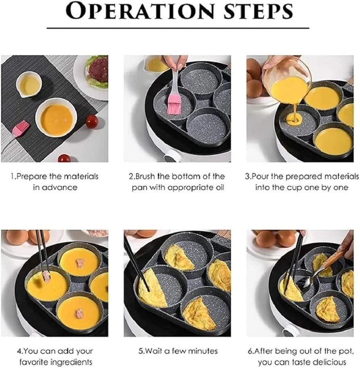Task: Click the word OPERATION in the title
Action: click(137, 12)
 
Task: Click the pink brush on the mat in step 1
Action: click(20, 128)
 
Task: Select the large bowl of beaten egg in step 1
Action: click(56, 117)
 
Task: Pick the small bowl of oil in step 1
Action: click(29, 84)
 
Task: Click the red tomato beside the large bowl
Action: click(92, 121)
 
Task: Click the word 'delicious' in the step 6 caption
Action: click(329, 362)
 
